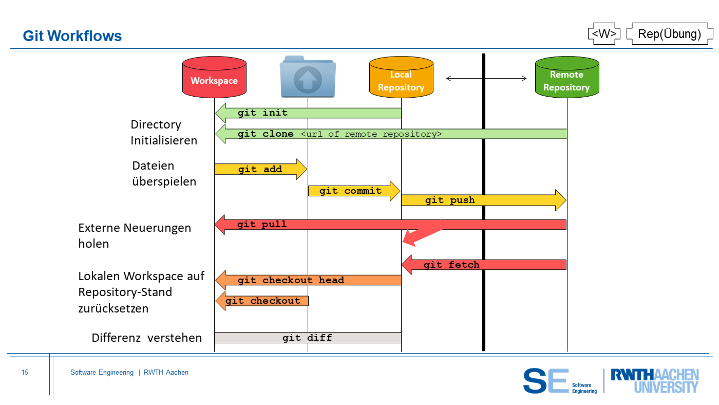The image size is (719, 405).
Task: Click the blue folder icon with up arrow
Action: (308, 77)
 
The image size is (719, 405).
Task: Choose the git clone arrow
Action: (390, 134)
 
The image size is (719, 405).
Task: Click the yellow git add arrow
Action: (260, 169)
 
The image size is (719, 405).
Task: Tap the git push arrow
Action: (483, 200)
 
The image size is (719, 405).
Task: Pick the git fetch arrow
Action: (483, 265)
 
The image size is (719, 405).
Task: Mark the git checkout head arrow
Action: (308, 280)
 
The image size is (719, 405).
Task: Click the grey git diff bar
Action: (307, 338)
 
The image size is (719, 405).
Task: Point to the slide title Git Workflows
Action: (72, 36)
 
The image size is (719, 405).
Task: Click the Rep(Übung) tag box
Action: (669, 34)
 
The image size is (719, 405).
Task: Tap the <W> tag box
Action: (604, 34)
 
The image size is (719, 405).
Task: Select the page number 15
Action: (25, 372)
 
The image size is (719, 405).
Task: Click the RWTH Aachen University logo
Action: (654, 381)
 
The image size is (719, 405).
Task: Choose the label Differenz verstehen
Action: (146, 338)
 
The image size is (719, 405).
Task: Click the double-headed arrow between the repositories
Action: (486, 79)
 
